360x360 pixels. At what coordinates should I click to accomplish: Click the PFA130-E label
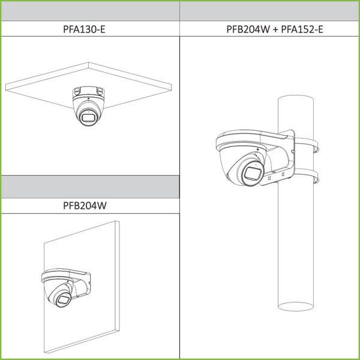[x=84, y=29]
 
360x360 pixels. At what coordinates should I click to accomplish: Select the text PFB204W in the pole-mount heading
[x=248, y=29]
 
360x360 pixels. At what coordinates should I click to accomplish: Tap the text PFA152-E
[x=302, y=29]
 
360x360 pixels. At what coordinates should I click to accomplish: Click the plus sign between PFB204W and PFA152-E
[x=275, y=29]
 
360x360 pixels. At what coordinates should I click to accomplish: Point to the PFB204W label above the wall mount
[x=85, y=205]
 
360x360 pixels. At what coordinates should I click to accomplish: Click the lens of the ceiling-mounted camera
[x=89, y=118]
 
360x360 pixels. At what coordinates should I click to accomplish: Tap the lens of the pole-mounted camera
[x=252, y=173]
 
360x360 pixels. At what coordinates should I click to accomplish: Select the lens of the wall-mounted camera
[x=63, y=299]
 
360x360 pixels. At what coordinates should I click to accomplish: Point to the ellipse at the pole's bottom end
[x=296, y=306]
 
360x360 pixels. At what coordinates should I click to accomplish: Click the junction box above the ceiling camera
[x=88, y=91]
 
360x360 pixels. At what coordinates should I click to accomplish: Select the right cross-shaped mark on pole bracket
[x=283, y=175]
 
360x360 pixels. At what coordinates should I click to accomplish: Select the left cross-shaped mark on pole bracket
[x=269, y=178]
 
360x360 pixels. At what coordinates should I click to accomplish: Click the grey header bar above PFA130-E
[x=90, y=11]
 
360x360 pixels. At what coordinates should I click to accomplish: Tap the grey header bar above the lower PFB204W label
[x=90, y=187]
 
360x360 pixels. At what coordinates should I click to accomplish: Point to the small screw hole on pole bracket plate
[x=293, y=152]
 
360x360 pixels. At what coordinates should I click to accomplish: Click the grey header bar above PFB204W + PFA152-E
[x=269, y=11]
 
